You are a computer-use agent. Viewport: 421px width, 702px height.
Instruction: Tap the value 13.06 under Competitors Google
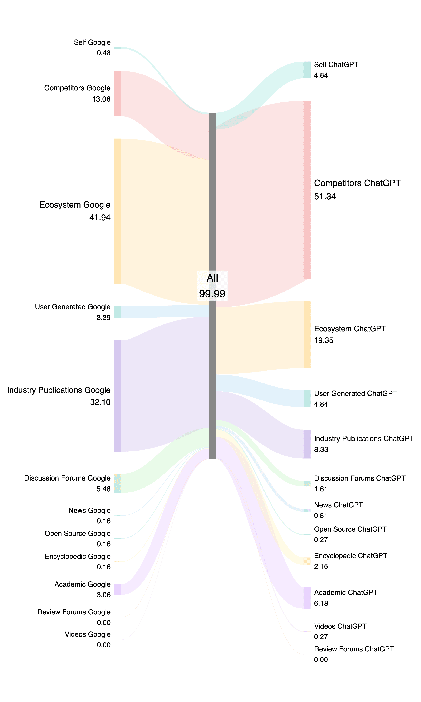pyautogui.click(x=101, y=99)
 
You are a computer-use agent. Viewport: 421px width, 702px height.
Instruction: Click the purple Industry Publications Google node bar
pyautogui.click(x=118, y=396)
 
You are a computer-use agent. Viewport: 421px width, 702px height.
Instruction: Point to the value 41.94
pyautogui.click(x=100, y=218)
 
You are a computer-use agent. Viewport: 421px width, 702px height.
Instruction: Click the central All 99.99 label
pyautogui.click(x=212, y=286)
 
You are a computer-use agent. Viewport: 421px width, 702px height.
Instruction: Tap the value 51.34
pyautogui.click(x=325, y=196)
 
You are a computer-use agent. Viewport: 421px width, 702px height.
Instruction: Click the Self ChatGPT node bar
pyautogui.click(x=307, y=70)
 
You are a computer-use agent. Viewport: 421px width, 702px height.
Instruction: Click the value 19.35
pyautogui.click(x=323, y=340)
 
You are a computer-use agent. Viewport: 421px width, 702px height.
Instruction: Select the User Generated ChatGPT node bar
pyautogui.click(x=307, y=399)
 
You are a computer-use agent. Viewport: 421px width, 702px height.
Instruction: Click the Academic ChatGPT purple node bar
pyautogui.click(x=307, y=598)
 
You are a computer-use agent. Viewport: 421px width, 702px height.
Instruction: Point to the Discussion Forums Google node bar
pyautogui.click(x=118, y=483)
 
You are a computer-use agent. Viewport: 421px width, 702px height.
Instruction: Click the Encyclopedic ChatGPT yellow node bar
pyautogui.click(x=307, y=561)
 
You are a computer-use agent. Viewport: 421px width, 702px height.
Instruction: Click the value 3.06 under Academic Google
pyautogui.click(x=103, y=595)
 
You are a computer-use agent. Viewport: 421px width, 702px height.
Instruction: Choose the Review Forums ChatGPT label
pyautogui.click(x=354, y=649)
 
